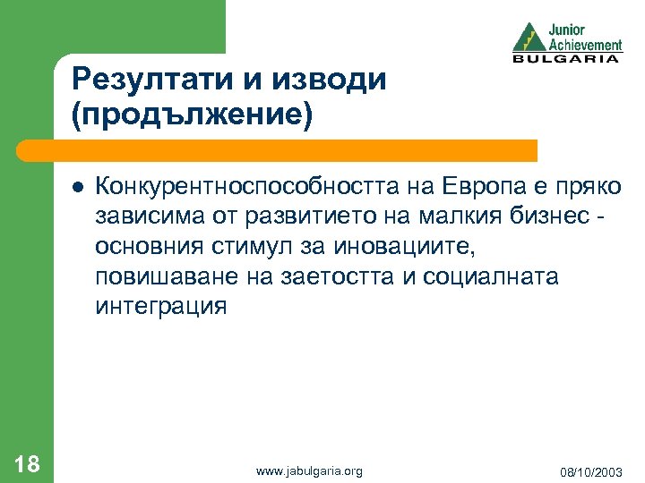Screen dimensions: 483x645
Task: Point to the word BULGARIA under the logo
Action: pyautogui.click(x=566, y=59)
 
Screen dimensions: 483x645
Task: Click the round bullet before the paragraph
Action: pyautogui.click(x=78, y=187)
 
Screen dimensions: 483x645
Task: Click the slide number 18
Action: pyautogui.click(x=27, y=463)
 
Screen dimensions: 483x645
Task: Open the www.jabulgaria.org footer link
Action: pyautogui.click(x=308, y=470)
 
